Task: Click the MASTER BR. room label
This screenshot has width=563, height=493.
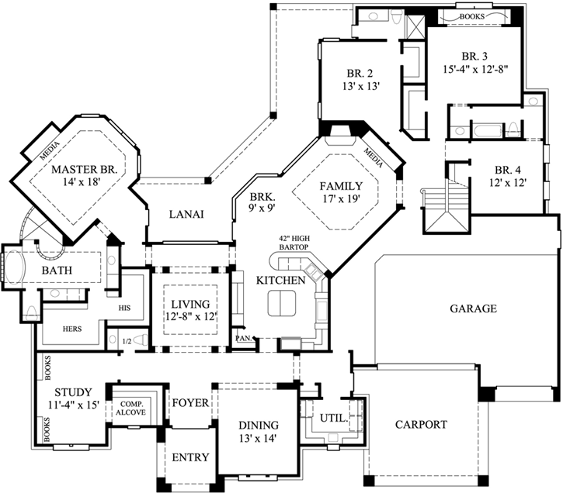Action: tap(84, 169)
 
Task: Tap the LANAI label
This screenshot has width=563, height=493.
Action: tap(186, 215)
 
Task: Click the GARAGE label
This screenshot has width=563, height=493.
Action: tap(473, 308)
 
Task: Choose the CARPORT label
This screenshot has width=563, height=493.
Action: tap(420, 424)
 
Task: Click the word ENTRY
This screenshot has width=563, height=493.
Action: tap(189, 457)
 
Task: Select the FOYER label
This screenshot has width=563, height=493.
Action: tap(190, 403)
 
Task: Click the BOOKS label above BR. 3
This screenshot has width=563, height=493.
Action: tap(474, 16)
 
